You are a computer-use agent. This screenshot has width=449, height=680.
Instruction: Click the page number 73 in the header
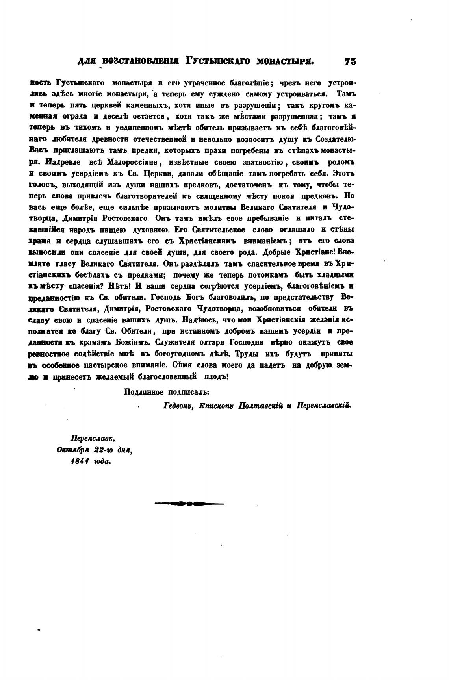[350, 61]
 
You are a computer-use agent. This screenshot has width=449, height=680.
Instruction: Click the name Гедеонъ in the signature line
[177, 405]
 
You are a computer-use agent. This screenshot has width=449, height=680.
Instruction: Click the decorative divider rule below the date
[189, 503]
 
